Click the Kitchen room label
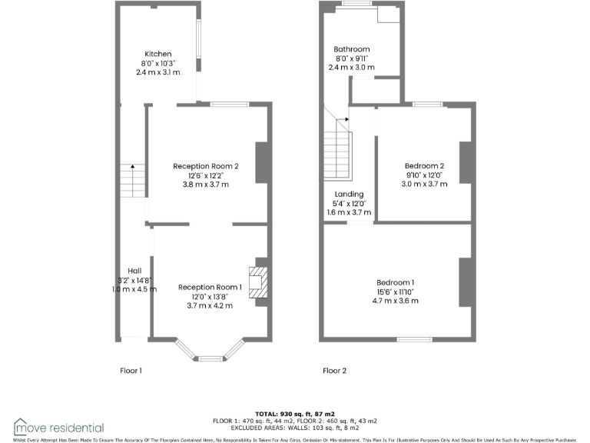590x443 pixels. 151,54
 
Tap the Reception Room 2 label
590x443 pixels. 205,166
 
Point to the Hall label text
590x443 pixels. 134,271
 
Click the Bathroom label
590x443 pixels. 351,49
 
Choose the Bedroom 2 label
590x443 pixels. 425,166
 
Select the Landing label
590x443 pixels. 349,195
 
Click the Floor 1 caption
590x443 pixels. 131,371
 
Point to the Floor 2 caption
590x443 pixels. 334,371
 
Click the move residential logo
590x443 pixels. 59,427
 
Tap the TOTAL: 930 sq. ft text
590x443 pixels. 295,414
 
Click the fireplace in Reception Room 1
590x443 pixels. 257,281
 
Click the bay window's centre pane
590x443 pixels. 209,357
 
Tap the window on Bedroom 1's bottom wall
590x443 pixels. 415,339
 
